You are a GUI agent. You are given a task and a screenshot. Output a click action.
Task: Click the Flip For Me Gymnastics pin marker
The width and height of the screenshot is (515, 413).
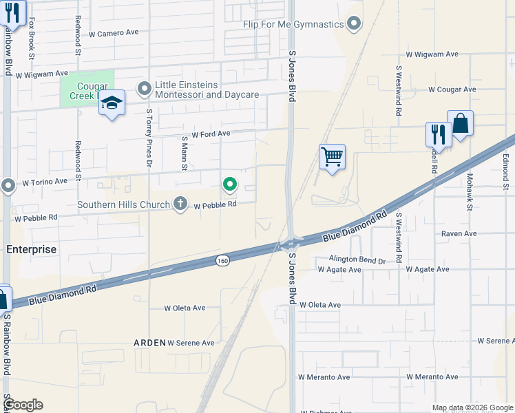354,25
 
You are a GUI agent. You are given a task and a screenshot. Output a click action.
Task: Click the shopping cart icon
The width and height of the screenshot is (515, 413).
332,157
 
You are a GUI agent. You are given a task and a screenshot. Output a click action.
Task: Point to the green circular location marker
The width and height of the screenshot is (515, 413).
229,184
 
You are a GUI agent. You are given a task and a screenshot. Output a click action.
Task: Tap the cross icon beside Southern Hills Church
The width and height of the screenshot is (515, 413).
180,204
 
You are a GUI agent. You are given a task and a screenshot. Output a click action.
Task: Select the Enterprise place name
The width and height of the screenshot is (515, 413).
32,249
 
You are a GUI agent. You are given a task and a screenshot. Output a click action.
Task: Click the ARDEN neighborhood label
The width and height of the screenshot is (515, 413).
149,343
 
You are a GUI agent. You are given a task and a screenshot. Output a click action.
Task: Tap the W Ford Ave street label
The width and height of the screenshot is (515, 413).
211,135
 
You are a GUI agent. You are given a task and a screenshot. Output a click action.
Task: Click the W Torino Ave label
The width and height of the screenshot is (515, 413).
45,182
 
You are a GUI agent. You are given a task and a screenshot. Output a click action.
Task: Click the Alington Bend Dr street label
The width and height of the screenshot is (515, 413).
357,261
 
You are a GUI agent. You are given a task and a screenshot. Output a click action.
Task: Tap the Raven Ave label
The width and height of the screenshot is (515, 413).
459,234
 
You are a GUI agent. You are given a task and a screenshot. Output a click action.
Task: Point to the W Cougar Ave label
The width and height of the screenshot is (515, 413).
452,89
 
